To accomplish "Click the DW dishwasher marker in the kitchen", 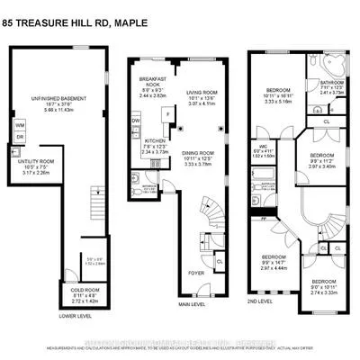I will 135,120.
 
